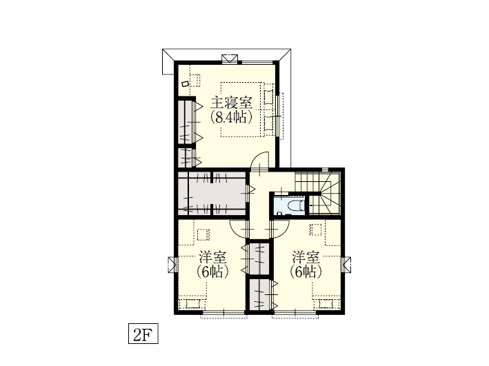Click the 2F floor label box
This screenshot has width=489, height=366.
pos(143,334)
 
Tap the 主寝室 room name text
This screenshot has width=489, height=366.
pos(231,103)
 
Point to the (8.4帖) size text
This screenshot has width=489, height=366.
pos(231,117)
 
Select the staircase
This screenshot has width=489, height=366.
pos(318,193)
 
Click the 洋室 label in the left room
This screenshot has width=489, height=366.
pos(212,257)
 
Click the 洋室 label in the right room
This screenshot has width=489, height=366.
pos(306,257)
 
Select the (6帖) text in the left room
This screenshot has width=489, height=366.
pos(212,272)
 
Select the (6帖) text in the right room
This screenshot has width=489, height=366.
pos(306,272)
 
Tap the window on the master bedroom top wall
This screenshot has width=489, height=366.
pos(230,59)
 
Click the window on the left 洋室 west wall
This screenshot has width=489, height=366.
pos(172,265)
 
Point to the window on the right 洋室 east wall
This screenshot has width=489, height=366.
pos(346,265)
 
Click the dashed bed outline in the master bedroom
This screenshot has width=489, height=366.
pos(241,110)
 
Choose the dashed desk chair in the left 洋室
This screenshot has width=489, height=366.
pos(203,235)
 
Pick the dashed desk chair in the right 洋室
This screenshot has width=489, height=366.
pos(315,230)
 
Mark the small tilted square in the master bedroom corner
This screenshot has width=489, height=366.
pos(186,84)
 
